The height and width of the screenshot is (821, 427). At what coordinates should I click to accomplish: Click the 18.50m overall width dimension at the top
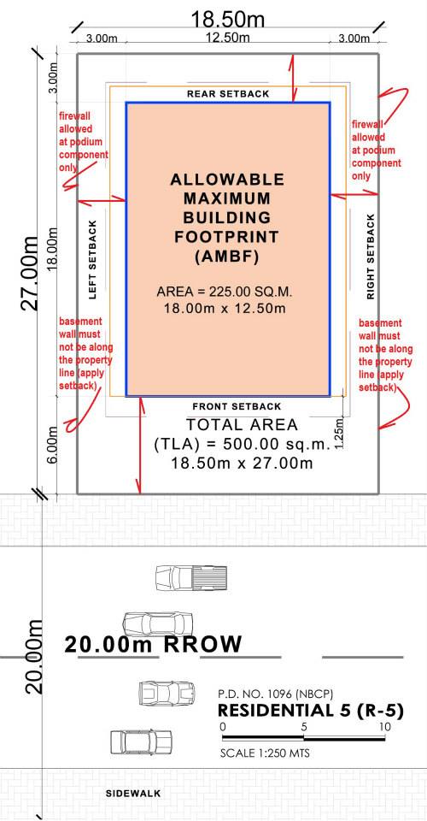click(x=227, y=20)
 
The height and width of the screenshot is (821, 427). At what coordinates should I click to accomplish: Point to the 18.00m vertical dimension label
click(x=52, y=249)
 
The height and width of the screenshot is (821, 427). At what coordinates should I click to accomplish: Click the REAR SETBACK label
click(x=228, y=94)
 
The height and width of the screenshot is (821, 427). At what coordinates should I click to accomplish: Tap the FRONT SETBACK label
click(x=237, y=406)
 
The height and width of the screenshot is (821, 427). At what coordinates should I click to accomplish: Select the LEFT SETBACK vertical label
click(x=93, y=259)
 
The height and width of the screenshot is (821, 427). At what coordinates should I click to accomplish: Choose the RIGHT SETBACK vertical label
click(x=371, y=256)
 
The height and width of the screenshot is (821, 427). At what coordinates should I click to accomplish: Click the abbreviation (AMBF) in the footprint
click(x=227, y=257)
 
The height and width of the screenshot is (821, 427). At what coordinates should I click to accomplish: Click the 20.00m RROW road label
click(x=153, y=644)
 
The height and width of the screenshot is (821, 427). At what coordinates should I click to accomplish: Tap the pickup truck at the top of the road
click(x=191, y=577)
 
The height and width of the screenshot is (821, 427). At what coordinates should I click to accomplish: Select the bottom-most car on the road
click(x=141, y=741)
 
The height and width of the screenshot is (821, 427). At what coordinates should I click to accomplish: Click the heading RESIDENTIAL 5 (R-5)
click(x=311, y=711)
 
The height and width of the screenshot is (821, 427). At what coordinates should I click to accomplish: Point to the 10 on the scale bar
click(x=385, y=727)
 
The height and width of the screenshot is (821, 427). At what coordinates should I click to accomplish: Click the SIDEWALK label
click(x=133, y=794)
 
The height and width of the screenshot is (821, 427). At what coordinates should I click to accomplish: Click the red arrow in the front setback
click(x=140, y=445)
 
